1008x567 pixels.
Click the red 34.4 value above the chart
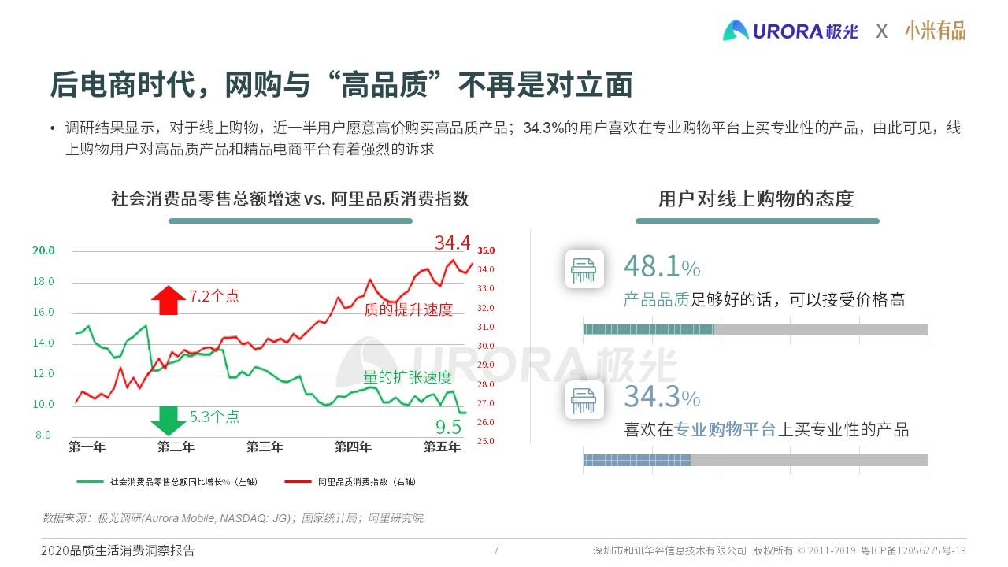[x=452, y=242]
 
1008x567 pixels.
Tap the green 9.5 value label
[x=448, y=428]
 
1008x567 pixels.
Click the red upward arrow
[x=168, y=300]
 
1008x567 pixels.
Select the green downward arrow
[x=168, y=421]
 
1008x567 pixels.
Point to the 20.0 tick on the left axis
[x=43, y=250]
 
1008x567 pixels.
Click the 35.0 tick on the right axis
[x=486, y=250]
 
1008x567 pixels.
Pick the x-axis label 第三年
[x=265, y=447]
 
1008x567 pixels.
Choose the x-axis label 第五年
[x=442, y=447]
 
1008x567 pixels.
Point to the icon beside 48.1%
[x=584, y=269]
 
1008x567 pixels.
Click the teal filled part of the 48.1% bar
[x=648, y=330]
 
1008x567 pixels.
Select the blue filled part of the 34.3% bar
[x=636, y=460]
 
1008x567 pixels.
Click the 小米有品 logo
[x=935, y=31]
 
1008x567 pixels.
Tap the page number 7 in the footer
[x=495, y=550]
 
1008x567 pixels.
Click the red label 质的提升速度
[x=408, y=309]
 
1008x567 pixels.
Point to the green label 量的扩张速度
[x=407, y=377]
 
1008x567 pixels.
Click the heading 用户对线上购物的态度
[x=756, y=198]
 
